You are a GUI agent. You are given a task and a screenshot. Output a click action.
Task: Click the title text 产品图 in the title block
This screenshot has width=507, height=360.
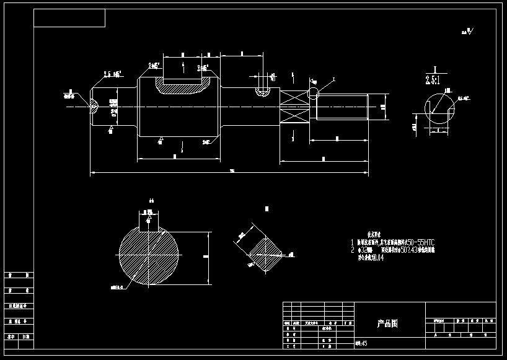coord(387,323)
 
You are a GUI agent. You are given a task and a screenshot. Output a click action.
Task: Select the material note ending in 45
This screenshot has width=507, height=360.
coord(361,343)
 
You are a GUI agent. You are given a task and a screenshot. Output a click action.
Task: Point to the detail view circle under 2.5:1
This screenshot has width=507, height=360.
coord(439,110)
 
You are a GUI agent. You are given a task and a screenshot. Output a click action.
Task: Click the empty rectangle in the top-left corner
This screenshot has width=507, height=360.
coord(69,18)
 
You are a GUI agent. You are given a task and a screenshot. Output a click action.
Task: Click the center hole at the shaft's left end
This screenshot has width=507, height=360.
coord(94,106)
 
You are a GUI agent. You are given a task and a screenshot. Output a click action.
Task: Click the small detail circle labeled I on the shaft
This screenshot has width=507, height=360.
coord(314,93)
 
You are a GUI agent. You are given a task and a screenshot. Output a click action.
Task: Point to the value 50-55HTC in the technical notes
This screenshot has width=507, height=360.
coord(416,242)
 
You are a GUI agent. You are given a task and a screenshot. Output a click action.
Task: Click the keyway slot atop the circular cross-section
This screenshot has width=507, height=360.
coord(149,222)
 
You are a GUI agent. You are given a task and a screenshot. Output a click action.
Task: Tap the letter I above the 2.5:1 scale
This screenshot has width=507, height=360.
coord(435,70)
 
